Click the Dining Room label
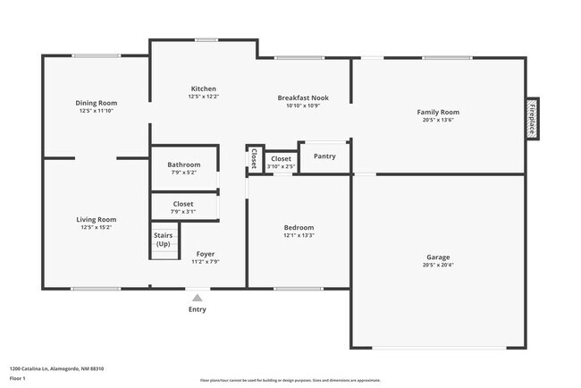[97, 103]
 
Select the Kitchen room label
[203, 88]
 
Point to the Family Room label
[438, 112]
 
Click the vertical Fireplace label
[532, 119]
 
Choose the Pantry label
[324, 156]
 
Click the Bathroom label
[183, 164]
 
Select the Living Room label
[96, 219]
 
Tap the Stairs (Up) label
[164, 239]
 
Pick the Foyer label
[205, 254]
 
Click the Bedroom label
[298, 227]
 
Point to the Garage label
[438, 257]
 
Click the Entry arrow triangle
[197, 298]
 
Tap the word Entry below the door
[197, 309]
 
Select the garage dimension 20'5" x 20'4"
[438, 265]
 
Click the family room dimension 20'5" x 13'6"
[438, 120]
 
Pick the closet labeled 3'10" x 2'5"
[282, 162]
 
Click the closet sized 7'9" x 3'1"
[182, 207]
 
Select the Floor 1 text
[17, 378]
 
